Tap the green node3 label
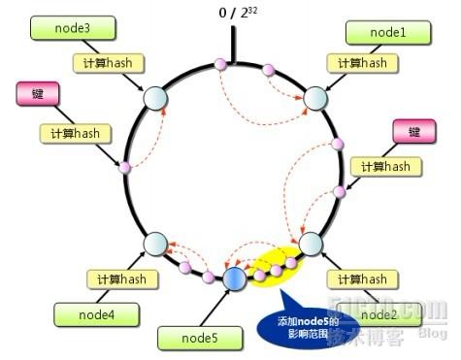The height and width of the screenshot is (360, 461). [x=61, y=29]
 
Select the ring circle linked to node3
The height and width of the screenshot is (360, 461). [x=155, y=98]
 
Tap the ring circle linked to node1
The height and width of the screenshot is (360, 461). [x=316, y=99]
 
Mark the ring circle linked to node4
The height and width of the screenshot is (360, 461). [x=155, y=244]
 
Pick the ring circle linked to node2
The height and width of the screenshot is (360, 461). [x=312, y=242]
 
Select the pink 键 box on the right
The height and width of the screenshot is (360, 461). [x=414, y=131]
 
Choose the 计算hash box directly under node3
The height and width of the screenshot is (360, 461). [x=107, y=63]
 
